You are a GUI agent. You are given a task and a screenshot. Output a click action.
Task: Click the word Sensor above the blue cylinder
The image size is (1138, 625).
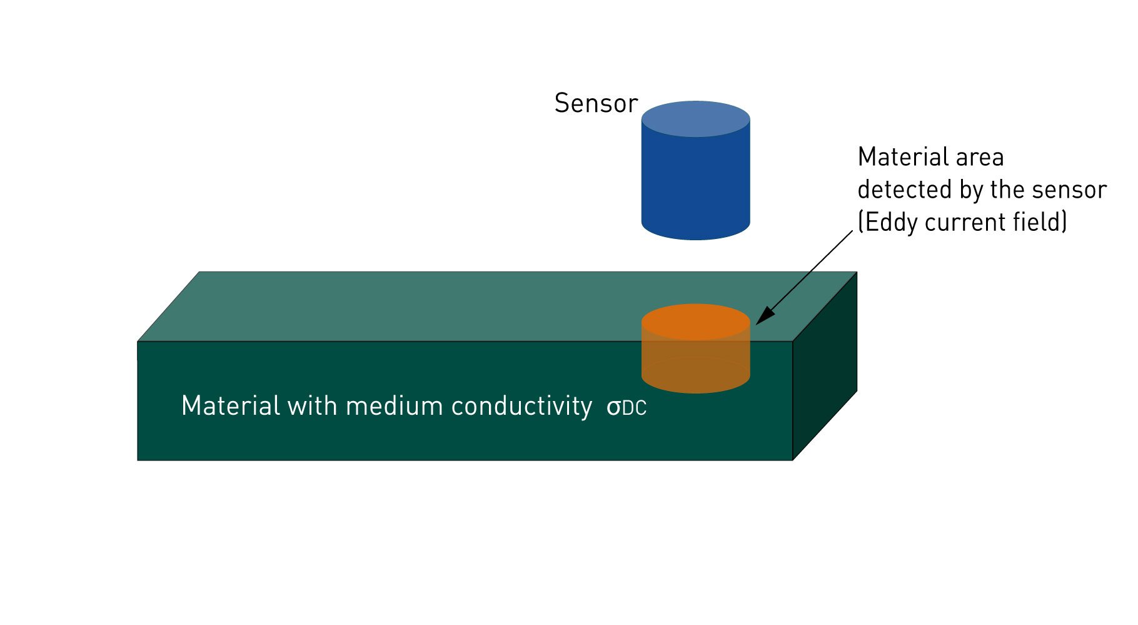(595, 104)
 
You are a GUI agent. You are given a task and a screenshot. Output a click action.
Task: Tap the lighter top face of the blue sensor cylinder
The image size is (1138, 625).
(695, 118)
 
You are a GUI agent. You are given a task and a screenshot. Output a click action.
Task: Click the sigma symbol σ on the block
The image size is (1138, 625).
(614, 408)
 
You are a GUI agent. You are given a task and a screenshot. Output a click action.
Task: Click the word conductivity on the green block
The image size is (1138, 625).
(521, 407)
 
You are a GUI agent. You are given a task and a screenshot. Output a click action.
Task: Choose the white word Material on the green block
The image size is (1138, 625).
(231, 406)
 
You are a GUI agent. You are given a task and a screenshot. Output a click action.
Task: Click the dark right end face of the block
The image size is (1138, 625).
(824, 369)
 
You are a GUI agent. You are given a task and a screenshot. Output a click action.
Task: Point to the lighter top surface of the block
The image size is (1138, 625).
(438, 307)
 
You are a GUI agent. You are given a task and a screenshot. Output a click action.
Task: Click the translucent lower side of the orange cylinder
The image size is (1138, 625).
(695, 369)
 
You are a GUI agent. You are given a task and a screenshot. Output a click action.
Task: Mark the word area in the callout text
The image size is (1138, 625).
(980, 157)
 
